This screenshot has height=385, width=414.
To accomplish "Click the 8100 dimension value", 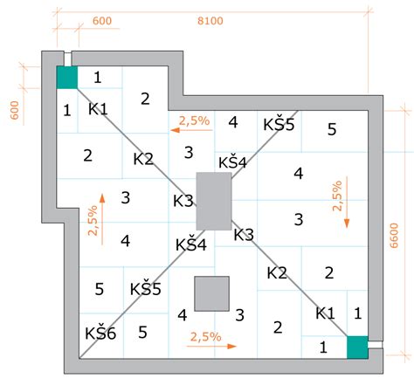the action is click(x=210, y=21).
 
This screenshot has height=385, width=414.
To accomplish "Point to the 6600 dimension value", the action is click(x=394, y=236).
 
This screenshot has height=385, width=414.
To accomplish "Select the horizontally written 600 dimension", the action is click(x=102, y=21).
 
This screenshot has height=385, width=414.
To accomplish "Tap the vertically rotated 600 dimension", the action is click(x=15, y=110).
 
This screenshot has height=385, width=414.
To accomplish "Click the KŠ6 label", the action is click(x=100, y=333).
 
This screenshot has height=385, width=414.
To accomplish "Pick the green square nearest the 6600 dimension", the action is click(x=357, y=347).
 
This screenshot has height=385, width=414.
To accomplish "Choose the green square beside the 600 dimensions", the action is click(x=67, y=77).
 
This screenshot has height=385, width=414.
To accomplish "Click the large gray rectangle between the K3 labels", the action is click(x=214, y=201).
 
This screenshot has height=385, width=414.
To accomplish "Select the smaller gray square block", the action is click(x=212, y=293).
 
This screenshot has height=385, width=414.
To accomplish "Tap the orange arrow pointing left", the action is click(x=191, y=130).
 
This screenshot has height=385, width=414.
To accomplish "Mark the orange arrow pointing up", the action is click(x=102, y=219).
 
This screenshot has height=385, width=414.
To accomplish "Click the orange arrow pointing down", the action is click(x=347, y=202).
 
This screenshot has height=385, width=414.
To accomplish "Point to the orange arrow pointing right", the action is click(x=211, y=346).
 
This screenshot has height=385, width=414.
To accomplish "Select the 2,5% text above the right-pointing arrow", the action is click(x=206, y=337).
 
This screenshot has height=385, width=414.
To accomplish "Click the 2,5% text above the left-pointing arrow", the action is click(x=194, y=120).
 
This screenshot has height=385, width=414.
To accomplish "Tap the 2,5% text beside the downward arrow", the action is click(x=337, y=196).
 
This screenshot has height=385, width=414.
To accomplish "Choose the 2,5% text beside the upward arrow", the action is click(x=93, y=221).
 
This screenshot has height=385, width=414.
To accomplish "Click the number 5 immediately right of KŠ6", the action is click(x=142, y=332).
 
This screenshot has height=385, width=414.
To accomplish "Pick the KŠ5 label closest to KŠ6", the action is click(x=145, y=289).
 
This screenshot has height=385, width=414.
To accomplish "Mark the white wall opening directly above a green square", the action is click(x=67, y=59).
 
